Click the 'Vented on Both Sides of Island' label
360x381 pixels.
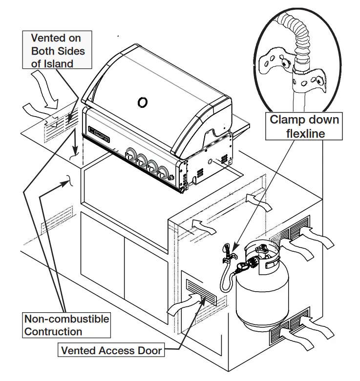pyautogui.click(x=57, y=50)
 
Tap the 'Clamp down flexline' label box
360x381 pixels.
pyautogui.click(x=304, y=126)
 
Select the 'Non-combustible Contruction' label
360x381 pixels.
pyautogui.click(x=66, y=325)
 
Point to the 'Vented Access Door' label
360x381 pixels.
pyautogui.click(x=111, y=350)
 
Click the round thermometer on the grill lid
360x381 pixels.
pyautogui.click(x=142, y=102)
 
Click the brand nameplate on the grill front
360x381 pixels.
pyautogui.click(x=99, y=134)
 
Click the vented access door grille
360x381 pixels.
pyautogui.click(x=201, y=292)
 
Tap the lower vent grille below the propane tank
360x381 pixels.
pyautogui.click(x=290, y=327)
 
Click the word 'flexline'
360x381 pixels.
pyautogui.click(x=305, y=133)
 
